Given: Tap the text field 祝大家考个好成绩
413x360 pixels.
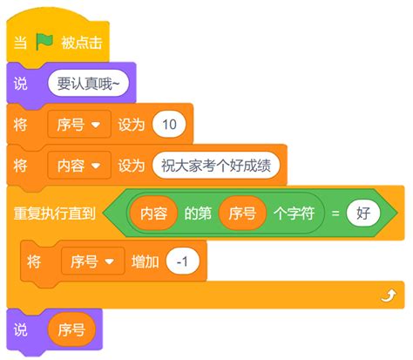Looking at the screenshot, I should (216, 165).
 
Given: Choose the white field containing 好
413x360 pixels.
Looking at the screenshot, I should (362, 213).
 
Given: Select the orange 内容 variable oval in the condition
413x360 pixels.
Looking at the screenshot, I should (154, 213).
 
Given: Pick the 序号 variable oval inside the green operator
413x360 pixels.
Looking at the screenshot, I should (241, 213).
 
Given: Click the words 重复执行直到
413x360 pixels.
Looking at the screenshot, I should (54, 213).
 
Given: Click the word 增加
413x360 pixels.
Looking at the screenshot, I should (144, 261).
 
